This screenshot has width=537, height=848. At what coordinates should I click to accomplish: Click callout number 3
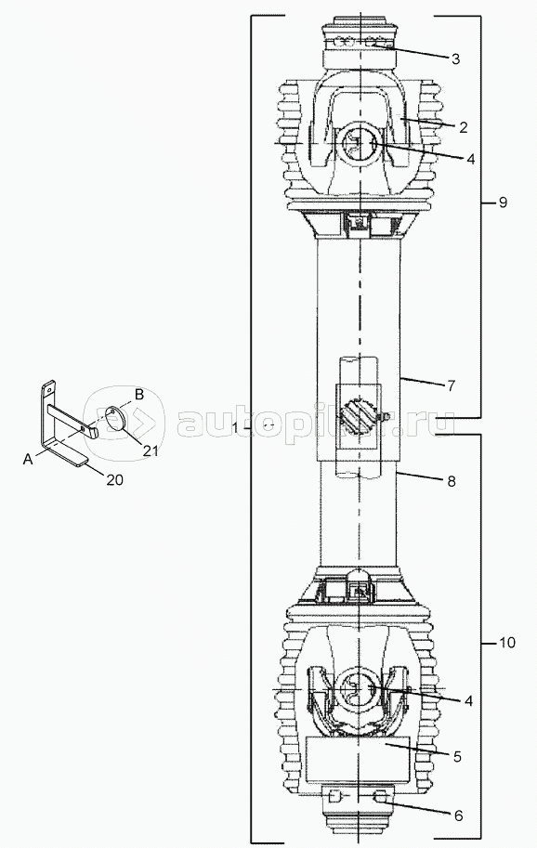[x=455, y=59]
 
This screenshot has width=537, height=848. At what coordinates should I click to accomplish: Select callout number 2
[x=463, y=127]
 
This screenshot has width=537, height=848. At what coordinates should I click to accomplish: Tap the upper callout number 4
[x=470, y=159]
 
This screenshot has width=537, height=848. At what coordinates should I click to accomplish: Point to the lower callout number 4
[x=468, y=701]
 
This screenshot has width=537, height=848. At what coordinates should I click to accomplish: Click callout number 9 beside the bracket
[x=503, y=202]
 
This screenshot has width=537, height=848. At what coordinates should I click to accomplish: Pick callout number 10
[x=507, y=643]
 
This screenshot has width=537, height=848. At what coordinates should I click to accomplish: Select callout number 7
[x=451, y=385]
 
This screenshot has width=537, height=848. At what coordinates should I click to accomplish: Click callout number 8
[x=452, y=481]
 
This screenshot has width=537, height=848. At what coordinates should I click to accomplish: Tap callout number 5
[x=457, y=757]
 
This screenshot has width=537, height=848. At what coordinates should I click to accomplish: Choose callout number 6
[x=458, y=815]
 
